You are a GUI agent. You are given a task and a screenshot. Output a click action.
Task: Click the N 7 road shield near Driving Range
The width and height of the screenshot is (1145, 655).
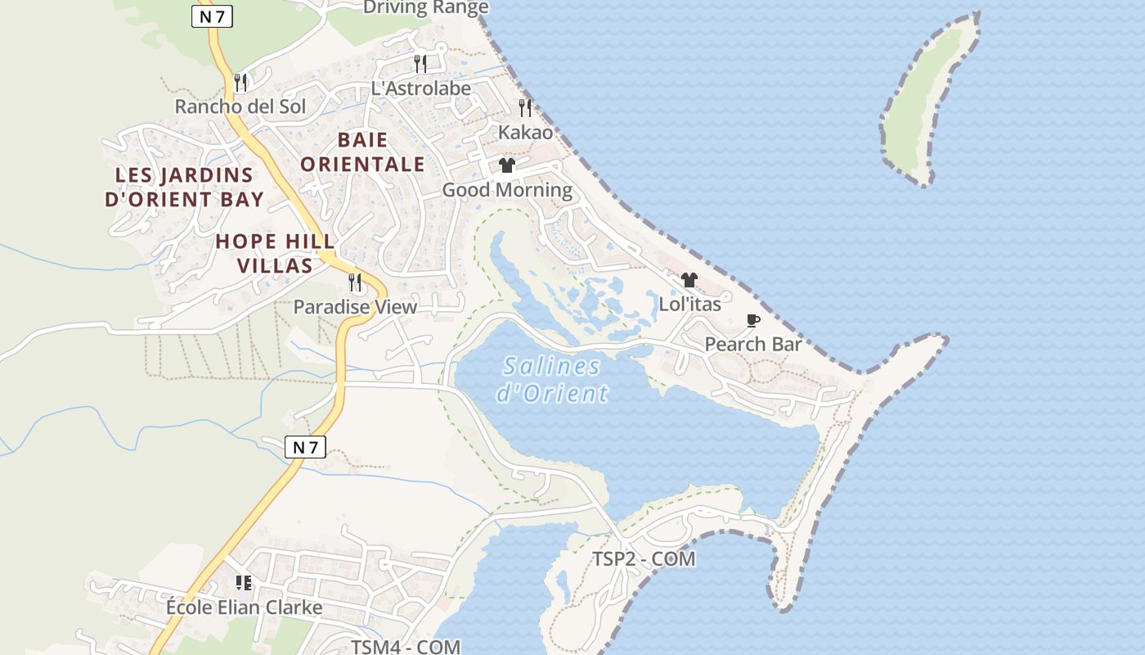click(x=212, y=16)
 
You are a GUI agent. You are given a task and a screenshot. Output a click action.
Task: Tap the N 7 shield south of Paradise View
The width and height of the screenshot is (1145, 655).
click(x=306, y=447)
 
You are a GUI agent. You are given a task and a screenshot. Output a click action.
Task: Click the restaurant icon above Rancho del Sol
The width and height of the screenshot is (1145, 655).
click(x=240, y=82)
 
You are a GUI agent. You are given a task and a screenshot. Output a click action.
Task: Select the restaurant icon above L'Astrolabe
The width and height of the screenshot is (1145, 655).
click(x=420, y=63)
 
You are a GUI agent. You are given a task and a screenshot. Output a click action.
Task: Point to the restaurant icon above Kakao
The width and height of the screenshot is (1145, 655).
click(x=525, y=107)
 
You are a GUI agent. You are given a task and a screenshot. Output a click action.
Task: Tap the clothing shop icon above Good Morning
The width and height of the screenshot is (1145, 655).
click(x=507, y=165)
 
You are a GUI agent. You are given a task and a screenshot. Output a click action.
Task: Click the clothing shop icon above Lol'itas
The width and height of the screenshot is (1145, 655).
click(x=689, y=280)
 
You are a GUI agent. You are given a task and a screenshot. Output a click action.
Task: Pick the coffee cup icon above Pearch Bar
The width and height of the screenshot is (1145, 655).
click(x=753, y=320)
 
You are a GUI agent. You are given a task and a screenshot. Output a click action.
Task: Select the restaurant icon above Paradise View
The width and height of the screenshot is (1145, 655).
click(x=355, y=282)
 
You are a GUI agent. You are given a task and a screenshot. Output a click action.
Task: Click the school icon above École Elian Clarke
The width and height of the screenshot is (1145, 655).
click(x=243, y=583)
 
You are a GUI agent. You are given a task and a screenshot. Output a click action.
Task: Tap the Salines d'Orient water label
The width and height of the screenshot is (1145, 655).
click(x=552, y=379)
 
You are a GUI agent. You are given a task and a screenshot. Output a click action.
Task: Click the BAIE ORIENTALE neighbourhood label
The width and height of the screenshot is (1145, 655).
click(x=362, y=152)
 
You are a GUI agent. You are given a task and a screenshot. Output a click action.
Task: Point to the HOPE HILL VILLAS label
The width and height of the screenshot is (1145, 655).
click(x=275, y=253)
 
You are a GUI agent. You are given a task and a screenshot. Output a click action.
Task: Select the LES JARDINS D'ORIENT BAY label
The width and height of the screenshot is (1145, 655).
click(x=184, y=187)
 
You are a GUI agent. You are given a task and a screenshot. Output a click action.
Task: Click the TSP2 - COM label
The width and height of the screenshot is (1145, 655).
click(x=644, y=559)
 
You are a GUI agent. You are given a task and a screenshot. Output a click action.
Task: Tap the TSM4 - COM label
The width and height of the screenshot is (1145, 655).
click(x=406, y=647)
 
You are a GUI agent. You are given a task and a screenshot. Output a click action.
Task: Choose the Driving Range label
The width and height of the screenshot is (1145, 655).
click(x=425, y=8)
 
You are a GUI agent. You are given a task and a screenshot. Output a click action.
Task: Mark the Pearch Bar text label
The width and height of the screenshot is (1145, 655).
click(x=753, y=345)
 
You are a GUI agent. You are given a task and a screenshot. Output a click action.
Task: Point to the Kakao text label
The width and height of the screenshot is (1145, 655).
click(x=525, y=132)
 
